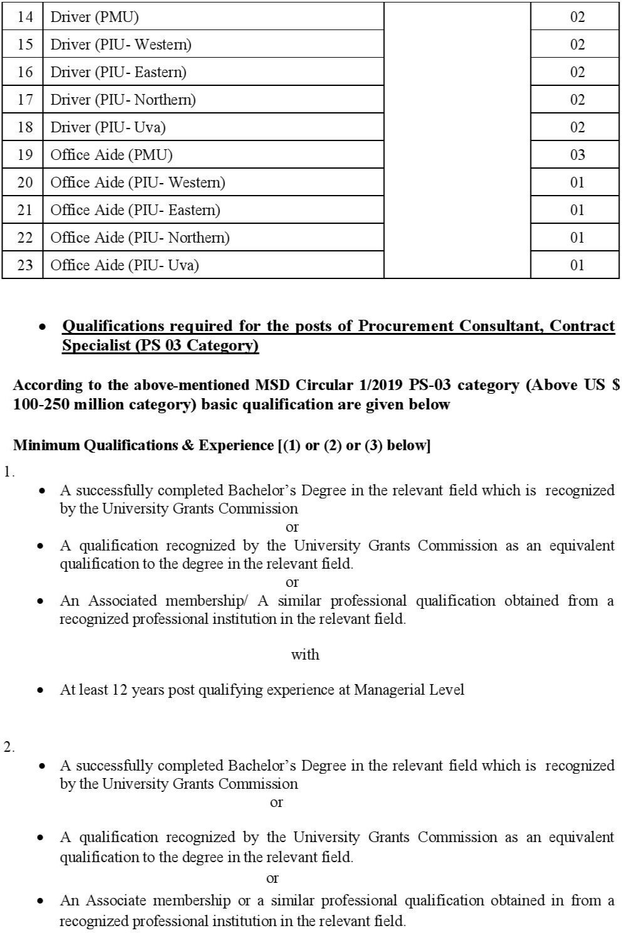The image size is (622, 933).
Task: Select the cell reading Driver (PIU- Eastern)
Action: (x=119, y=72)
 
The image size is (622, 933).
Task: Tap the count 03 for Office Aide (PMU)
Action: (x=577, y=155)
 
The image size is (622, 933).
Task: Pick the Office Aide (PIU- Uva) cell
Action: (x=124, y=265)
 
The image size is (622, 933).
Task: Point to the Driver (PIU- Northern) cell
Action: (x=123, y=100)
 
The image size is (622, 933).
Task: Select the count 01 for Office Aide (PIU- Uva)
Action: (x=577, y=265)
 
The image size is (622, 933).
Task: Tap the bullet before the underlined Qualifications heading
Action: (x=42, y=327)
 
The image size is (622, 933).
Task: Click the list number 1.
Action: (x=8, y=472)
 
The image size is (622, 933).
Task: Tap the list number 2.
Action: (x=8, y=747)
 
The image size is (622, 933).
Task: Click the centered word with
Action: (x=305, y=655)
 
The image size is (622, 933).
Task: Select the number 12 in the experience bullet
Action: (x=120, y=690)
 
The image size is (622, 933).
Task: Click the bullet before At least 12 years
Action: (x=41, y=691)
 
